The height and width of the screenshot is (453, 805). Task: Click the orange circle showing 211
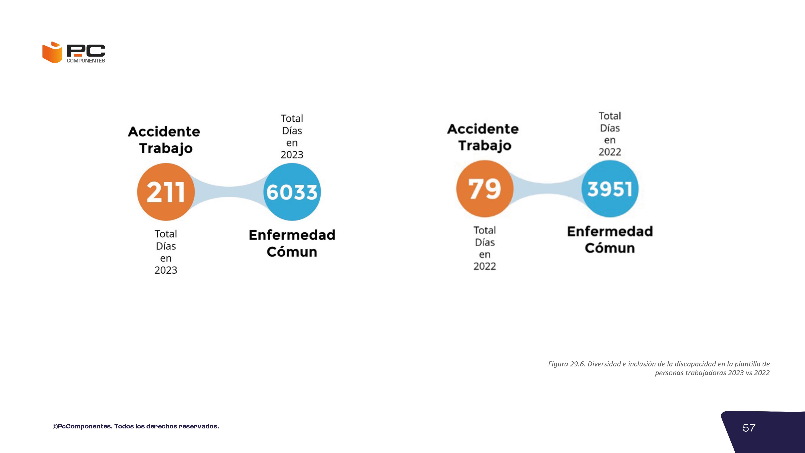click(166, 192)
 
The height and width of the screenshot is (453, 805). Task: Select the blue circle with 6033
click(292, 192)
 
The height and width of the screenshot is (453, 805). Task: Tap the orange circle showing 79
click(485, 189)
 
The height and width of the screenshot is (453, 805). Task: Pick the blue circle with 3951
click(610, 189)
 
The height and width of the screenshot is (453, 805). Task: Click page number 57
click(749, 428)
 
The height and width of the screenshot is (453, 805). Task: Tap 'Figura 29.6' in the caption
click(566, 364)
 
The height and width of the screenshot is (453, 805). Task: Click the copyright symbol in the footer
click(55, 426)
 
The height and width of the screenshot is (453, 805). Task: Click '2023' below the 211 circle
click(166, 270)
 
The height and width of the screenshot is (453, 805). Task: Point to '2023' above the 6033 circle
click(292, 155)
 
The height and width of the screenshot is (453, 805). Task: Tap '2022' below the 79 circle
click(485, 266)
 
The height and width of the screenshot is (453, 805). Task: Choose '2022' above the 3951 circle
click(610, 152)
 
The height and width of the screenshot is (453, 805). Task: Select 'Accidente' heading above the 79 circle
click(483, 129)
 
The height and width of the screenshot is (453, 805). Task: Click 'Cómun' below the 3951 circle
click(610, 248)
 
